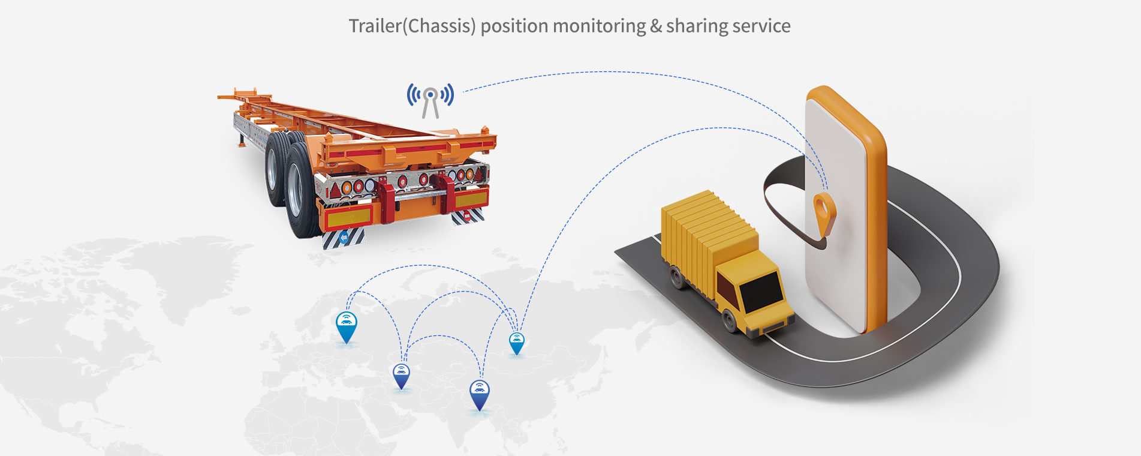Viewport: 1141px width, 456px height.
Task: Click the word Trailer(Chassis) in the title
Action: click(x=412, y=26)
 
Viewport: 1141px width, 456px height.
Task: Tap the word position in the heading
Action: click(x=514, y=26)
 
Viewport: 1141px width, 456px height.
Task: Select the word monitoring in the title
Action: click(x=600, y=26)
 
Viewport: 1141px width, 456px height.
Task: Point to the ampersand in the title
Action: click(x=656, y=26)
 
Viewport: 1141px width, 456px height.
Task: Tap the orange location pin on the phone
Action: click(x=824, y=211)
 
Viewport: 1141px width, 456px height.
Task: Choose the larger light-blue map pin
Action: click(x=347, y=326)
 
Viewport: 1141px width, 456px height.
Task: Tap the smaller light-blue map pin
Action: click(x=516, y=343)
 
